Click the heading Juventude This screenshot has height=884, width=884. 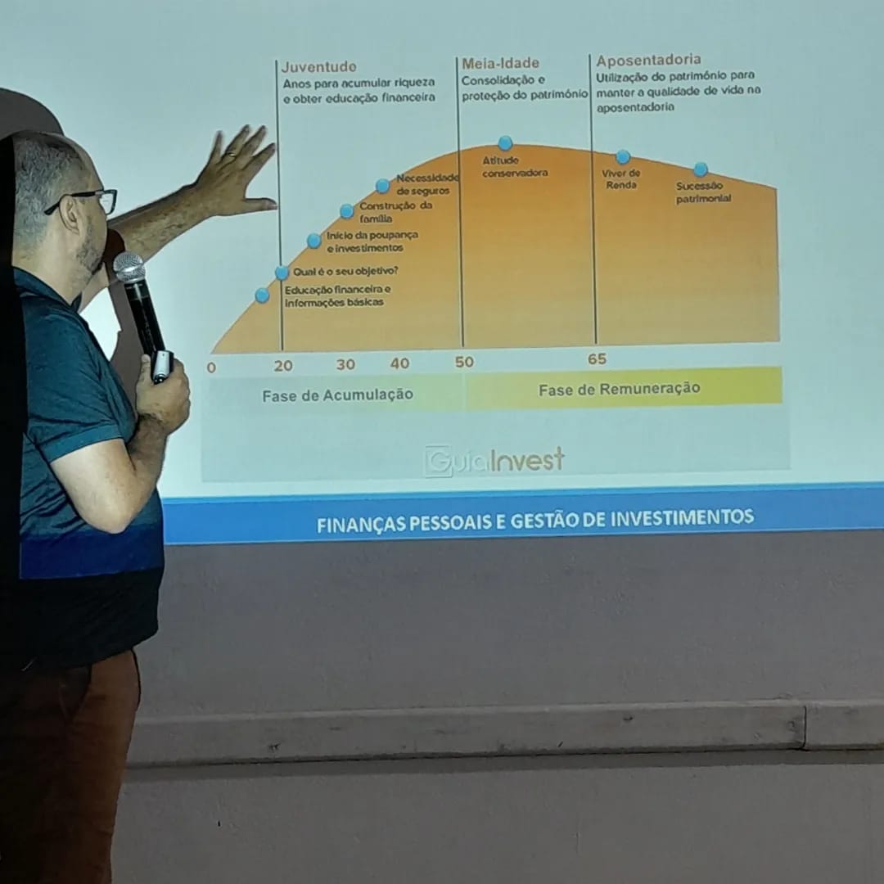click(318, 67)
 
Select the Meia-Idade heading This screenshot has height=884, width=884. click(500, 63)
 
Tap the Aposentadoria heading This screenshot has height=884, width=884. click(648, 60)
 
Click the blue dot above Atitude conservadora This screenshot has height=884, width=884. click(505, 142)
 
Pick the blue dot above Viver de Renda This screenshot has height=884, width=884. click(623, 156)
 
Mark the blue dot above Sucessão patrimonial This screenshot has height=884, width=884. click(701, 169)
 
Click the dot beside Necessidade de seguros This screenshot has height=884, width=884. click(382, 186)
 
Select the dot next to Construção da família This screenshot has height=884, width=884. click(347, 211)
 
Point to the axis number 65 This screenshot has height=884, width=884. click(597, 359)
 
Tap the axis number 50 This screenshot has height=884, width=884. click(464, 362)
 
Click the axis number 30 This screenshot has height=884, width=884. click(345, 364)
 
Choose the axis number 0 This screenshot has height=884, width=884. click(211, 368)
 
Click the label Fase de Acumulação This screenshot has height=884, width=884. click(338, 395)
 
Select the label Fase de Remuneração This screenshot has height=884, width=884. click(619, 389)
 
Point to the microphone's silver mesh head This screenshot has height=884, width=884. click(129, 267)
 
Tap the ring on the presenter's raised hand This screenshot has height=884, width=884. click(231, 153)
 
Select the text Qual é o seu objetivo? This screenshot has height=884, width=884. click(345, 271)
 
